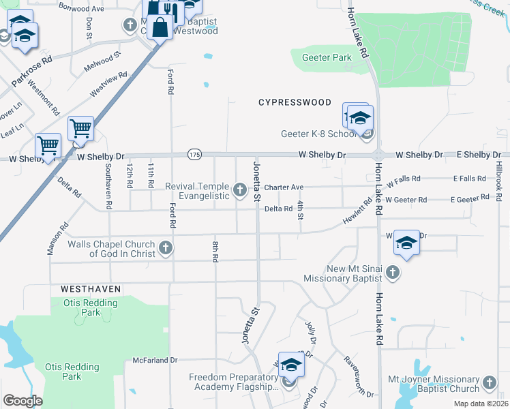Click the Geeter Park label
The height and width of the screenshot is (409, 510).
327,58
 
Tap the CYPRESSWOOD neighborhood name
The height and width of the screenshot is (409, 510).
295,102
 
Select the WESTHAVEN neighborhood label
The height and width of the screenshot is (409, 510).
90,289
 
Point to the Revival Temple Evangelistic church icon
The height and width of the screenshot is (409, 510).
240,190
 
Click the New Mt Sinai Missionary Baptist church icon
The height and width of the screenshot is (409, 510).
392,273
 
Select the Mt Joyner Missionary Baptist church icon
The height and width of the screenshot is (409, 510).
490,384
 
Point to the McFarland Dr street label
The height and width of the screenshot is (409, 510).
155,359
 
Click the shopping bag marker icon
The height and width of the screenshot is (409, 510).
160,28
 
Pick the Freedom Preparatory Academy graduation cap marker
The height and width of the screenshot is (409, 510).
291,367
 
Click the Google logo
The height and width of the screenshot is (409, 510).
22,401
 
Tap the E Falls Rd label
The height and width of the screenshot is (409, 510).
469,179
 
